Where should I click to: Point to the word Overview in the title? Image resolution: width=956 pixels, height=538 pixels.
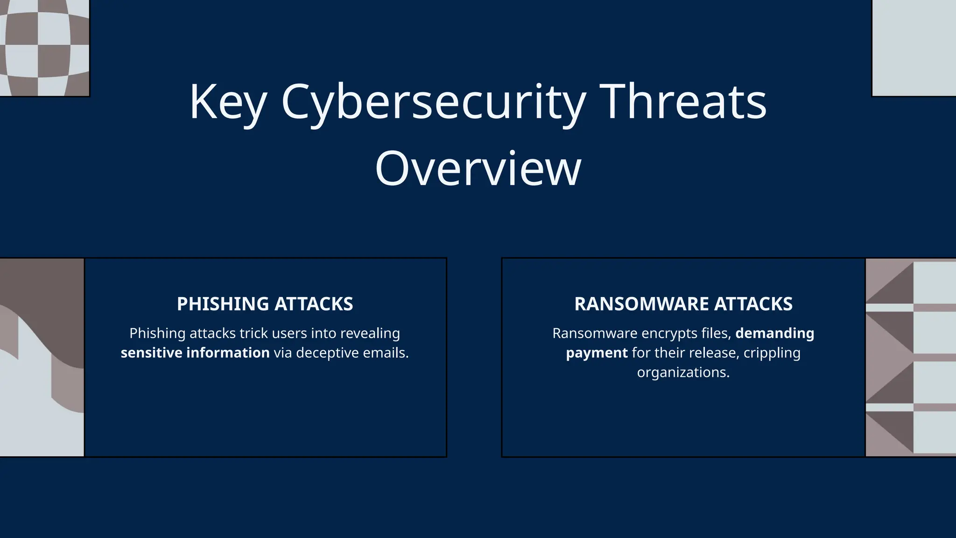pyautogui.click(x=478, y=168)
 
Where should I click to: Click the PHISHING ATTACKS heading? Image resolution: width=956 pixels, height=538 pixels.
pyautogui.click(x=265, y=304)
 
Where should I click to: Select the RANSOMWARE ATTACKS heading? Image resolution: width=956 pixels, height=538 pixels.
pyautogui.click(x=683, y=304)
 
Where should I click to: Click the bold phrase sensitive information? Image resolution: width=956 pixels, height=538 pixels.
pyautogui.click(x=195, y=353)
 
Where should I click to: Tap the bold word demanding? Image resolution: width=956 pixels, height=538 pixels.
pyautogui.click(x=774, y=333)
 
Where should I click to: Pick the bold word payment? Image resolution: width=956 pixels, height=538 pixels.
pyautogui.click(x=597, y=353)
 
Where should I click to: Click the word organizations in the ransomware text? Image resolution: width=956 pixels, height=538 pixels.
pyautogui.click(x=683, y=372)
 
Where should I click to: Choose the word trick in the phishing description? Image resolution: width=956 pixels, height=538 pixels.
pyautogui.click(x=254, y=333)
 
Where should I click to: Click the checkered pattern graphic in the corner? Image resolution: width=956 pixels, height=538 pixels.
pyautogui.click(x=44, y=48)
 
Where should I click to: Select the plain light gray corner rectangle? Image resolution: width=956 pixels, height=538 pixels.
pyautogui.click(x=914, y=48)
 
